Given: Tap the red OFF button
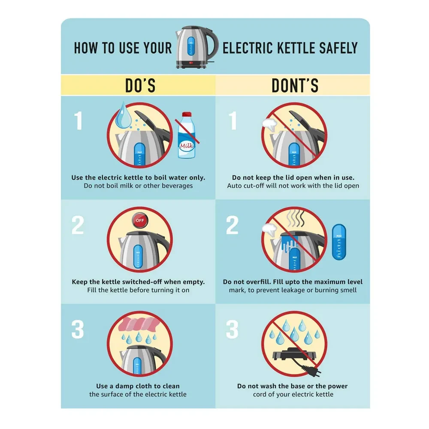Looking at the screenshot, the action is click(140, 221).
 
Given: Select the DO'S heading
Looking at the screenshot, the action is click(140, 85).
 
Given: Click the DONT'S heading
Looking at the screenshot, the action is click(295, 85).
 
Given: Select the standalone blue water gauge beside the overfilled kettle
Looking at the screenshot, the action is click(339, 242).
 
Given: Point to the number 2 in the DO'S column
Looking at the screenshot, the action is click(78, 225).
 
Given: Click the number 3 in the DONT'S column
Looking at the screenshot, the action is click(232, 329).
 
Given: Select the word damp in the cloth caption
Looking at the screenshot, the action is click(124, 387).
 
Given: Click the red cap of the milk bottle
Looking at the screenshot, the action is click(187, 114).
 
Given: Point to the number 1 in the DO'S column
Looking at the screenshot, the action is click(79, 121).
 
